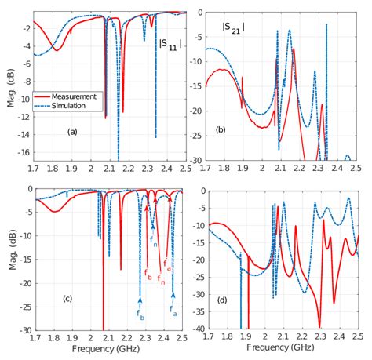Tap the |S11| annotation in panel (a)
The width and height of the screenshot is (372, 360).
(x=170, y=44)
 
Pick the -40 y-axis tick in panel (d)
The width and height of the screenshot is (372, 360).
(x=195, y=330)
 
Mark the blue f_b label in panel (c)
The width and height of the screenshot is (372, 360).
(x=140, y=315)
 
